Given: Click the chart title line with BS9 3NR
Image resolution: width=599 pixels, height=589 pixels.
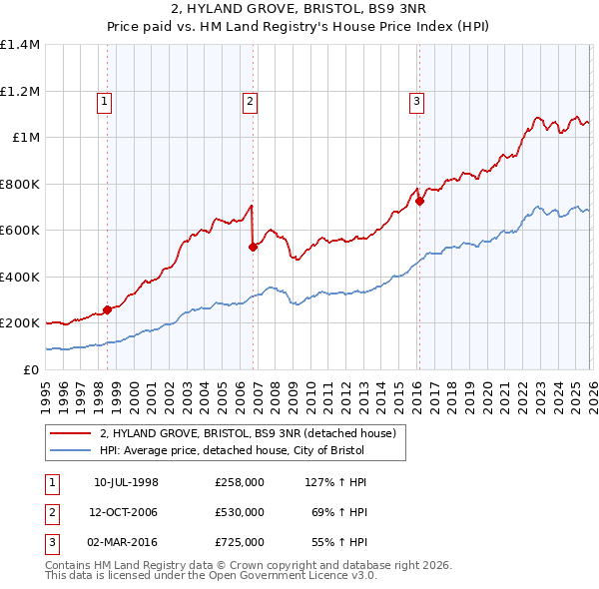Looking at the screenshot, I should (x=299, y=10).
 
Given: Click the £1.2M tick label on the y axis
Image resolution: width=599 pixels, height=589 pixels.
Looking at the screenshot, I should (x=20, y=91).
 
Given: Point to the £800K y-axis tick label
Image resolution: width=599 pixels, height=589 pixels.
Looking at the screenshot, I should (x=20, y=184).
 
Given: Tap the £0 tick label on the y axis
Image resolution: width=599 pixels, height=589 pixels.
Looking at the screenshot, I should (x=30, y=369).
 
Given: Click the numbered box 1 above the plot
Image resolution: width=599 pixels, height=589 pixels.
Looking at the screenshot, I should (x=106, y=100).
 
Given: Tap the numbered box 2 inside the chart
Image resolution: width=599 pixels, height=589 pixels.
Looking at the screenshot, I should (x=249, y=100).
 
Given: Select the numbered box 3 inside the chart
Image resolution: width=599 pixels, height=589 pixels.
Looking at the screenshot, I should (x=416, y=100).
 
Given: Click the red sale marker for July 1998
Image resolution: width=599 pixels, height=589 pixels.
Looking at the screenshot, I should (x=107, y=309).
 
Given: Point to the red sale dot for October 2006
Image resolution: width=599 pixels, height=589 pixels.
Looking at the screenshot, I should (x=253, y=248).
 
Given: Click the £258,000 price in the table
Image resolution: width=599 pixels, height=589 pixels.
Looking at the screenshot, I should (x=240, y=482).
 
